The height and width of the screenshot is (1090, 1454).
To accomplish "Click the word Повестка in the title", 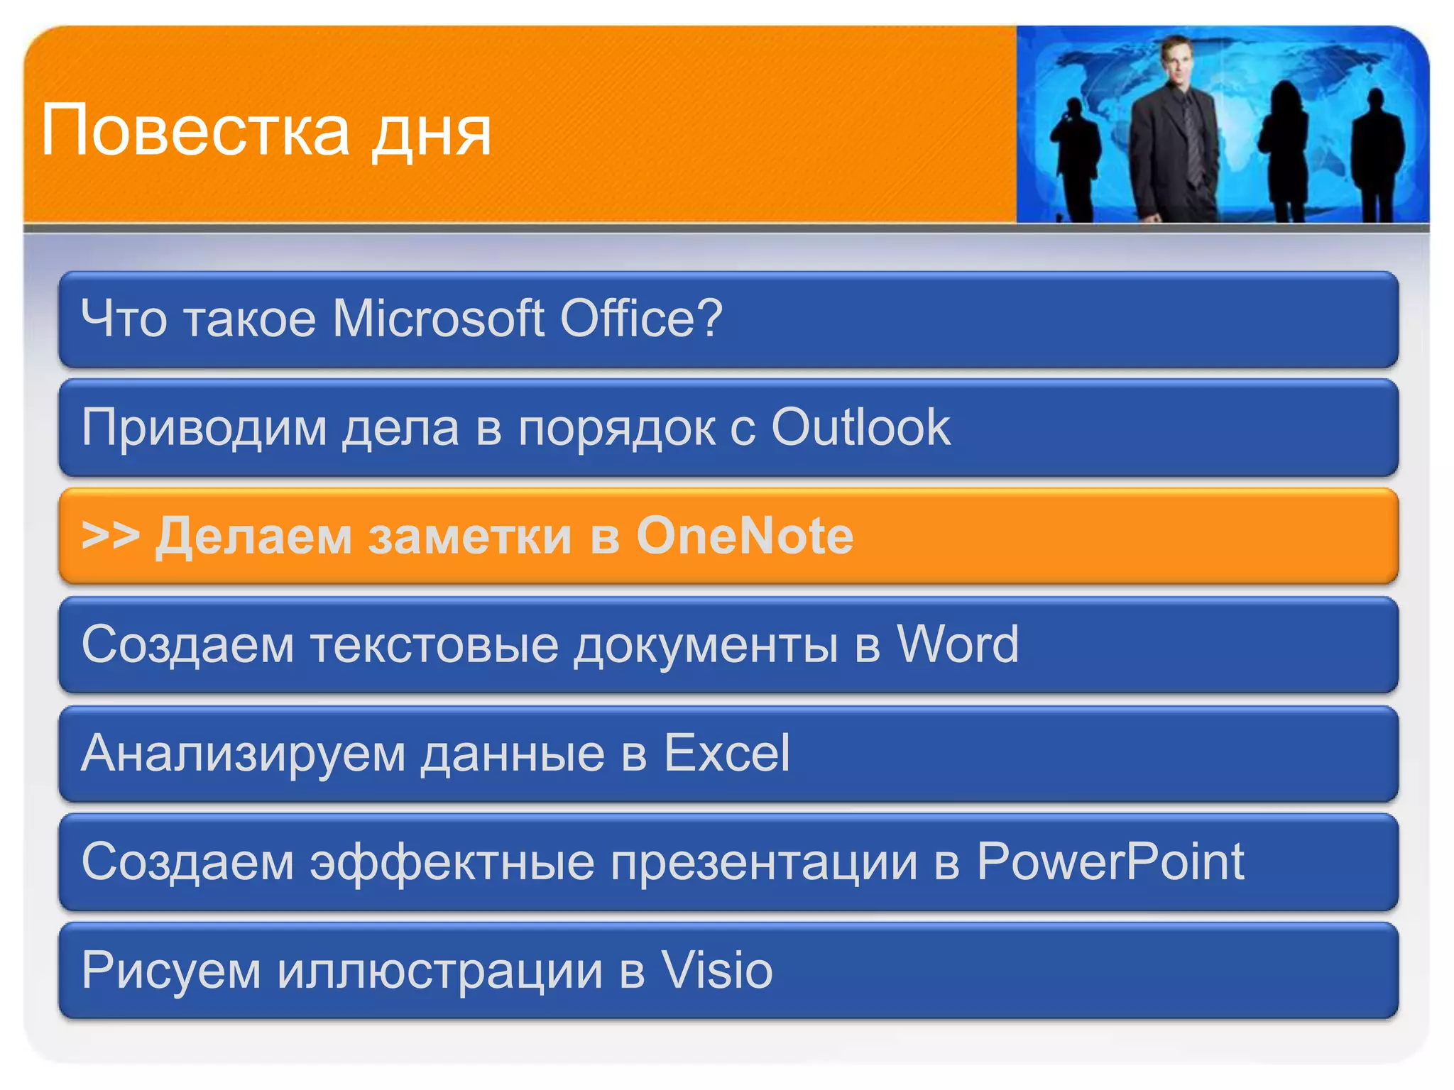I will tap(195, 131).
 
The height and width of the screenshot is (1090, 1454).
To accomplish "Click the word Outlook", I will tap(860, 427).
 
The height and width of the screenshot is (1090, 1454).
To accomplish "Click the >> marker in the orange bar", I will tap(110, 535).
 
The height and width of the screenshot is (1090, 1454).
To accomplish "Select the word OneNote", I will tap(745, 535).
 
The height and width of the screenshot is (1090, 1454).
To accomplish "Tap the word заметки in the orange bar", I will tap(469, 536).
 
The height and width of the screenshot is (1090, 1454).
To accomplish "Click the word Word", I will tap(957, 644).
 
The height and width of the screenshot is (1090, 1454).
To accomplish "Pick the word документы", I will tap(706, 646).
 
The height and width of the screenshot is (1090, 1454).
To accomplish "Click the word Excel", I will tap(726, 753).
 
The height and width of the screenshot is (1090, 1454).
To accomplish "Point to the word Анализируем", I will tap(244, 754).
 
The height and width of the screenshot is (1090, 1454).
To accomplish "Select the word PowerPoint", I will tap(1110, 861).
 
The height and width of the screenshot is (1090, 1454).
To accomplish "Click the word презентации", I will tap(764, 863).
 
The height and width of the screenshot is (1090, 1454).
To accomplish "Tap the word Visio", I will tap(717, 970).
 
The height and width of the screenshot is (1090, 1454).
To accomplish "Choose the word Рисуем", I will tap(171, 971).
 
